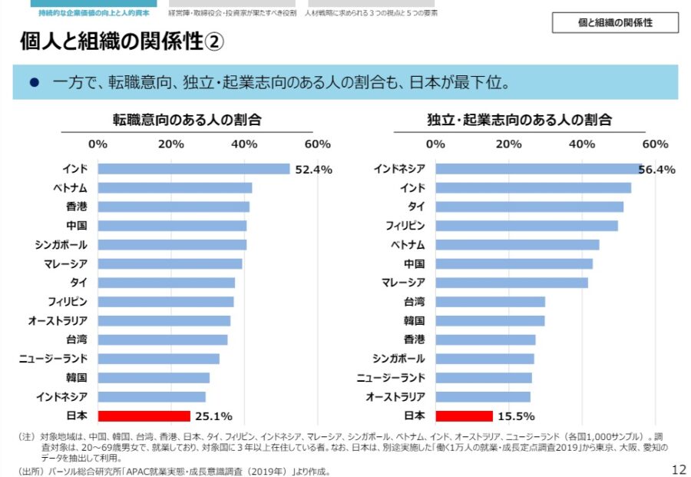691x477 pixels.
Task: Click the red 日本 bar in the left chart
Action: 144,416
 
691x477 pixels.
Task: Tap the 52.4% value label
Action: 313,170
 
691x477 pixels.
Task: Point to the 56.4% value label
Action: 656,170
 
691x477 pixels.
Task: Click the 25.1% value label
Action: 213,416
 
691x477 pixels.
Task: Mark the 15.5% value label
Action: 515,416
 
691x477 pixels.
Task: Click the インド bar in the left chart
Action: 193,169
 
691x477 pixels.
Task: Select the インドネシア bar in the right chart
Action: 538,169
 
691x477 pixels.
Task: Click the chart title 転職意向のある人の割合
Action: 187,120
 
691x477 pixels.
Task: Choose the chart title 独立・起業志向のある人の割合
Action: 519,120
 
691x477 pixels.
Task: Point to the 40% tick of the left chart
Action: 244,144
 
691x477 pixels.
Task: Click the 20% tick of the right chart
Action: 508,144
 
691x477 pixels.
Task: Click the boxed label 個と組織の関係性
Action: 615,23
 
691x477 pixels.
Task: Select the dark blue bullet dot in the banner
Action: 34,82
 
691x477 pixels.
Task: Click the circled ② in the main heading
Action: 214,43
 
